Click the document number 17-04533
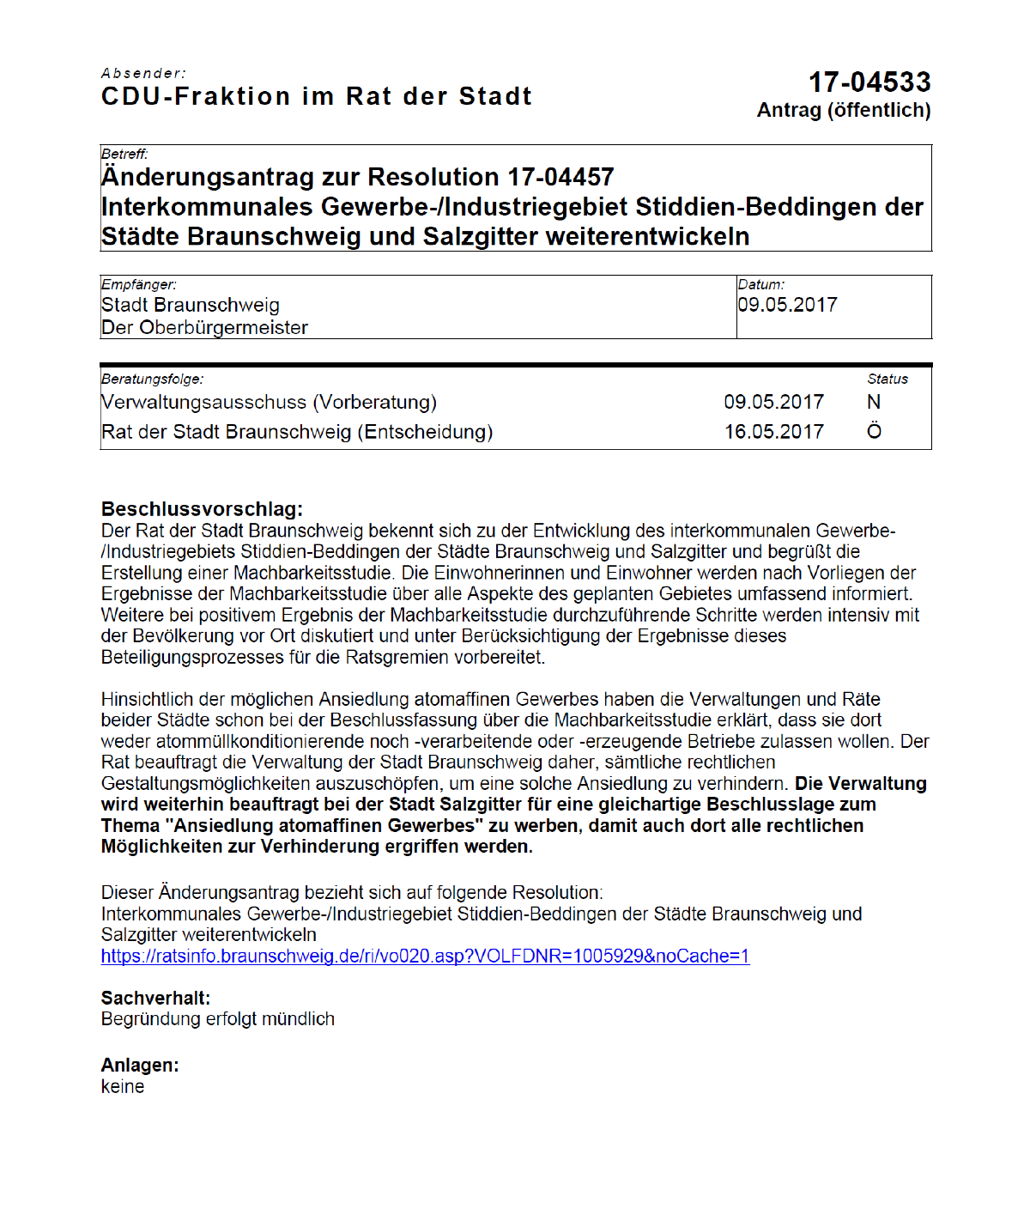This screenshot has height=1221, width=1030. (869, 82)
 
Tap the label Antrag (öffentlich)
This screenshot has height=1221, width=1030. (843, 111)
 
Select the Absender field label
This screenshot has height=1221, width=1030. (143, 74)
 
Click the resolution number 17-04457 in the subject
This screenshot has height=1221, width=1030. (560, 177)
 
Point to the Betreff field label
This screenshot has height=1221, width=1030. (124, 155)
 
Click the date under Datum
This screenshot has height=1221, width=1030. (787, 305)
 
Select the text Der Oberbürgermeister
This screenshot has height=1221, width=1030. (204, 328)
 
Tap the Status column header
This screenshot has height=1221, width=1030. (887, 380)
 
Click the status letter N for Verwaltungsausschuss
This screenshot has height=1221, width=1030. (874, 403)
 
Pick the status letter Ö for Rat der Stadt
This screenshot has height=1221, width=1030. (874, 431)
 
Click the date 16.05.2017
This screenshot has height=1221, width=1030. (773, 432)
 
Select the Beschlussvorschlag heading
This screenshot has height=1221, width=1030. (202, 509)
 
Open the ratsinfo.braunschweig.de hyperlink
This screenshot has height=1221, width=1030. (425, 957)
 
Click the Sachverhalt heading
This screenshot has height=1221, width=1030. (155, 999)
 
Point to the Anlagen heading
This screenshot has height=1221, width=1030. (140, 1066)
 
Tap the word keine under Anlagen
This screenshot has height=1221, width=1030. (123, 1087)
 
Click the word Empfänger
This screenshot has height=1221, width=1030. (139, 285)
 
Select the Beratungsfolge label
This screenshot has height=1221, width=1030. (152, 380)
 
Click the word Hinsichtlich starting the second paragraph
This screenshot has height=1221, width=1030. (147, 700)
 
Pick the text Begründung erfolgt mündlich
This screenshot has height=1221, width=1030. (218, 1019)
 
